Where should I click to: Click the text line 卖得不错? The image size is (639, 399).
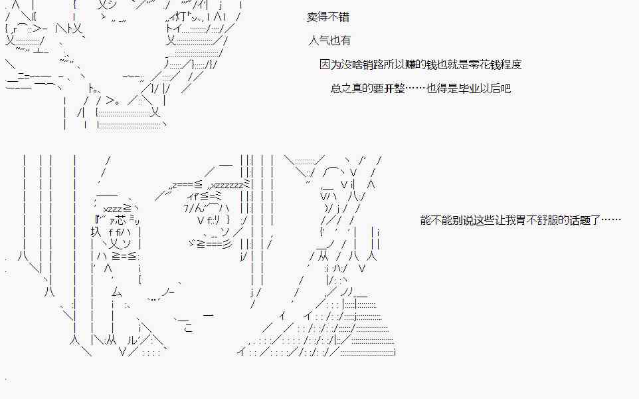tap(328, 17)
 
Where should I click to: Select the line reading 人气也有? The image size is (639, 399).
tap(330, 41)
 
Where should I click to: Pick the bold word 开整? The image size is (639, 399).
tap(394, 88)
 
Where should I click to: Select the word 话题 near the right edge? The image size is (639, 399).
tap(577, 220)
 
